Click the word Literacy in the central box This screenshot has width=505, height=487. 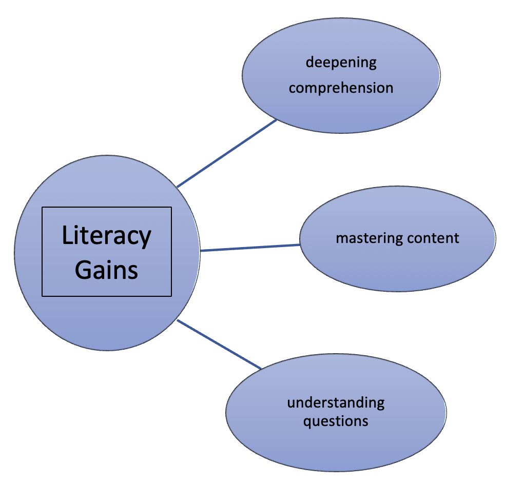(107, 236)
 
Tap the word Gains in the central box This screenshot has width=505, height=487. (107, 269)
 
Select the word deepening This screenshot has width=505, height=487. (341, 63)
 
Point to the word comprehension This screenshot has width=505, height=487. (341, 88)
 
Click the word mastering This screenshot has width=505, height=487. (368, 238)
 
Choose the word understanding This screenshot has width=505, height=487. (336, 402)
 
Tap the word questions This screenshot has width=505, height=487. (336, 421)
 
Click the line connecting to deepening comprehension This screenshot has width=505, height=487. (227, 153)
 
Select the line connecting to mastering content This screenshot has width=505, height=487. (250, 248)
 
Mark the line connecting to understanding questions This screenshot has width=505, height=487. (219, 344)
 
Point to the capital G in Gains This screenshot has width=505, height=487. (83, 269)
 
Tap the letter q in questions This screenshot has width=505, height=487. (307, 423)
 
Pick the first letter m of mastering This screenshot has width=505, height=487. (341, 239)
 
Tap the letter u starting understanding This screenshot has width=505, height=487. (291, 403)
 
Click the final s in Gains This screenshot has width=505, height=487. (133, 271)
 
